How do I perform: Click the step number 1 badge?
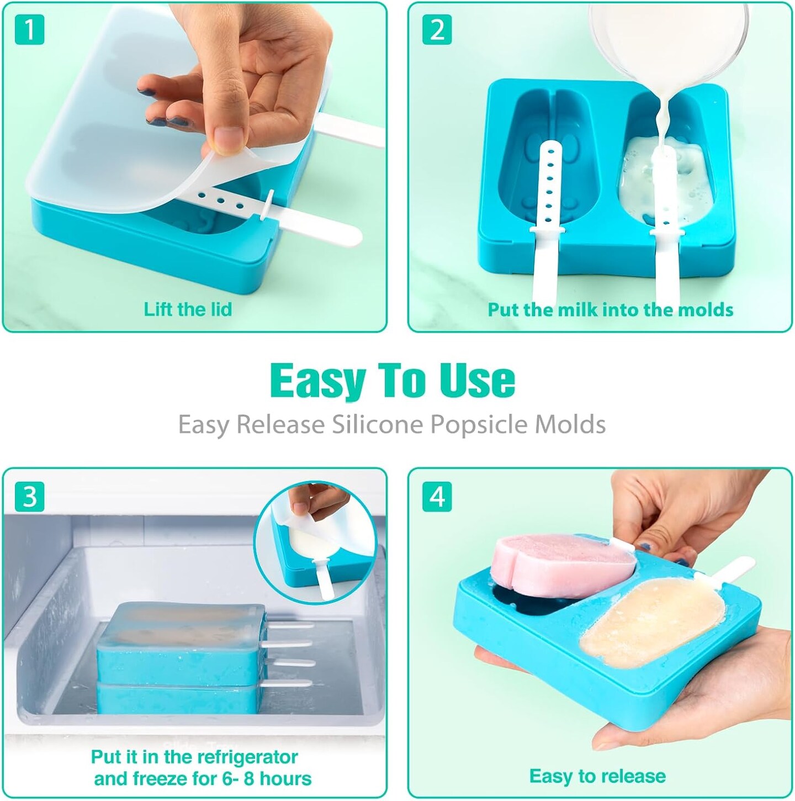click(29, 29)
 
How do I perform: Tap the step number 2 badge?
click(437, 29)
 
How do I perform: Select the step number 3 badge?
click(29, 497)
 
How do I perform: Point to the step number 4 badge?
click(437, 497)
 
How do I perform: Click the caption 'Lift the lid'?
click(188, 309)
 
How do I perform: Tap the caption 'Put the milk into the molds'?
click(611, 310)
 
